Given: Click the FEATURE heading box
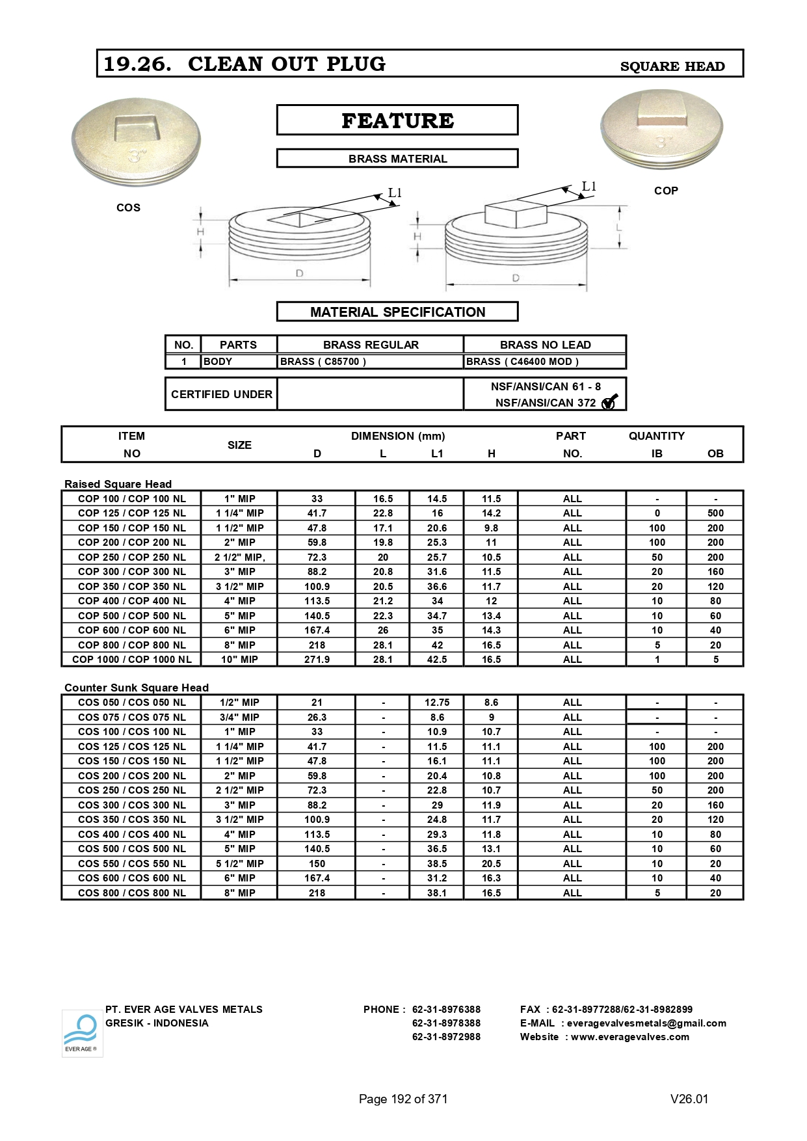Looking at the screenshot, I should click(397, 120).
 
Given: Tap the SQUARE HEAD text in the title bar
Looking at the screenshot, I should click(672, 66).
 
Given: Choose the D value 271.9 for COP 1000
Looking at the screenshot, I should click(317, 660).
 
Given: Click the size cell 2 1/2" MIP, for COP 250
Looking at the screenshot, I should click(240, 557).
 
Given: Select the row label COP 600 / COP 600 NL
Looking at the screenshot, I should click(131, 630).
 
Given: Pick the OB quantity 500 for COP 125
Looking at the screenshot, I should click(715, 513).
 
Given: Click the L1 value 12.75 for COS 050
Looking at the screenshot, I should click(437, 703).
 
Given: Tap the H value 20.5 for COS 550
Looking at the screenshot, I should click(491, 864).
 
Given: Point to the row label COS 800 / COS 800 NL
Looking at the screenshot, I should click(131, 893).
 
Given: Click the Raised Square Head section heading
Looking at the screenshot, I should click(118, 484).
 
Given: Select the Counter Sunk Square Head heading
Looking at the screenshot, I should click(137, 688).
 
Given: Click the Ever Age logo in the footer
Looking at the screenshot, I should click(82, 1032).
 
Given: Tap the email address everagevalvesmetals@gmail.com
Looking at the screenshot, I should click(646, 1023).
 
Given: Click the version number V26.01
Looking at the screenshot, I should click(689, 1099).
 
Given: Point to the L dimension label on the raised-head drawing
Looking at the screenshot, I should click(619, 228).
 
